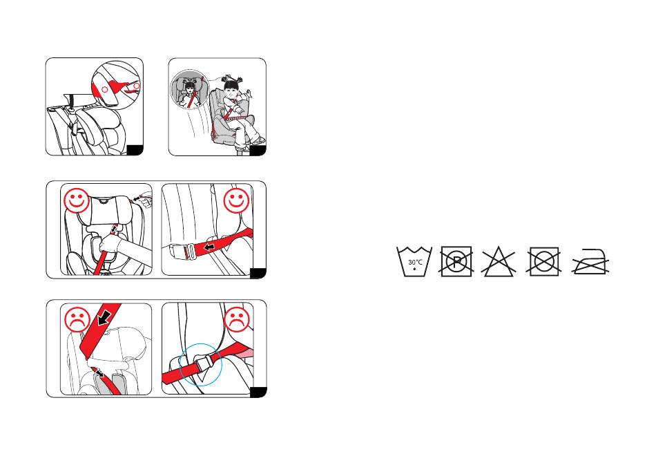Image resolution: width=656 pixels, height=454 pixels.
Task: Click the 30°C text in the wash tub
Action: (x=415, y=262)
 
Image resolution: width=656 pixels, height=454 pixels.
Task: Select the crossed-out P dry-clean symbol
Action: (x=456, y=262)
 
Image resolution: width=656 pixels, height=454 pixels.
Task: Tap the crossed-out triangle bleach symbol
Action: (x=499, y=262)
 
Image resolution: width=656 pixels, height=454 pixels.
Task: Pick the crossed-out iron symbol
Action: (x=590, y=262)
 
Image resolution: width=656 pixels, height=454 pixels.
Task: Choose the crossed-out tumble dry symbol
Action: (x=544, y=262)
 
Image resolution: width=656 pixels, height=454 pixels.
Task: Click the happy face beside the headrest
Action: (x=76, y=201)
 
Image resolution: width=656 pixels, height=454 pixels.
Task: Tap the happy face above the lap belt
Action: (x=236, y=201)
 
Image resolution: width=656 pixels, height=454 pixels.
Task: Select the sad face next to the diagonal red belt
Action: (x=77, y=320)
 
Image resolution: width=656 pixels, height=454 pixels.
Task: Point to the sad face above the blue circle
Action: (x=238, y=320)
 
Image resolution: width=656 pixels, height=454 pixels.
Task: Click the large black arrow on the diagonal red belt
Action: (x=103, y=318)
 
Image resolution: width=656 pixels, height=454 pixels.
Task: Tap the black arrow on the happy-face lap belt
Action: (x=209, y=247)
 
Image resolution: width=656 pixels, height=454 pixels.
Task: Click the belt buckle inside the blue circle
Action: (x=202, y=363)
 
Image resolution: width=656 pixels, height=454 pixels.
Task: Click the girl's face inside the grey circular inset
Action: (x=191, y=89)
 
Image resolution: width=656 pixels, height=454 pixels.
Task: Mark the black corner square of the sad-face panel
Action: (x=258, y=392)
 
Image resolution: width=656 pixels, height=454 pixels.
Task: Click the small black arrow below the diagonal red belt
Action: (x=98, y=372)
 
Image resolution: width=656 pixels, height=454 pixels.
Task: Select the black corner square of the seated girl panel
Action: (x=258, y=151)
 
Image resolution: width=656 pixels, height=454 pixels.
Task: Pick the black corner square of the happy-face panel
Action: (x=258, y=274)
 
